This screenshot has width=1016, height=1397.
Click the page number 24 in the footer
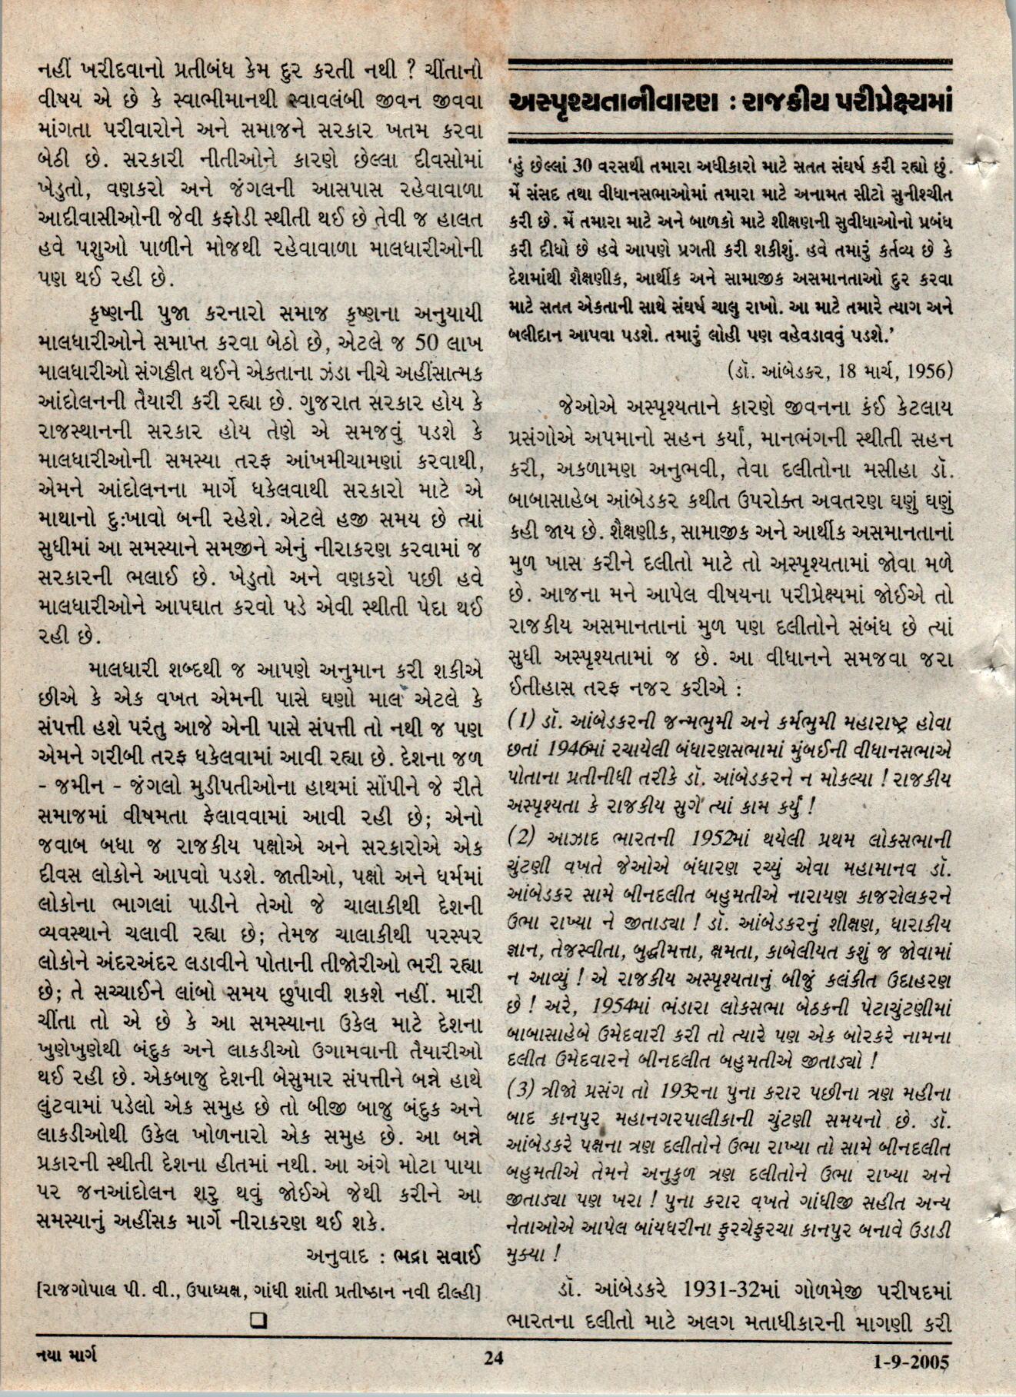[x=493, y=1357]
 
